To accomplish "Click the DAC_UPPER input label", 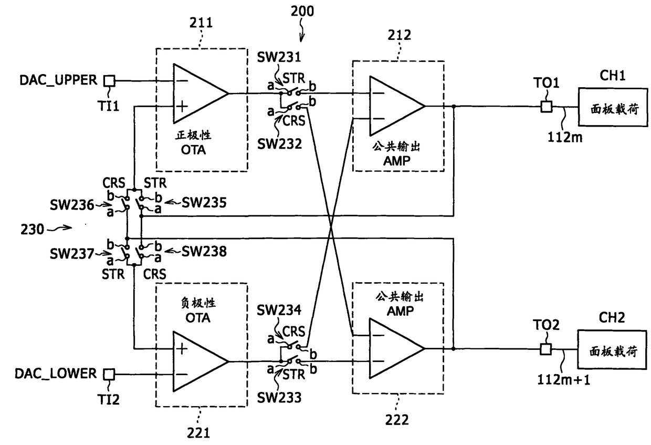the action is pos(58,80).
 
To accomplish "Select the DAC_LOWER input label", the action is pos(56,374).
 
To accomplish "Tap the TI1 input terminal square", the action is pos(110,81).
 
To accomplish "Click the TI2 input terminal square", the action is pos(109,374).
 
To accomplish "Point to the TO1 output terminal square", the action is pos(547,107).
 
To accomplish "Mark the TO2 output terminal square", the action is pos(546,349).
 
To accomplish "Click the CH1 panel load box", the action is pos(613,107).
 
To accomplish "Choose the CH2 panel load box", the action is pos(612,349).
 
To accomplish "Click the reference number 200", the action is pos(302,12).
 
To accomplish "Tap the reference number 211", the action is pos(201,23).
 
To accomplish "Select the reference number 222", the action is pos(397,420).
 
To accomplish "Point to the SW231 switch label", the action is pos(279,57).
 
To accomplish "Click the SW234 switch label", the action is pos(279,310).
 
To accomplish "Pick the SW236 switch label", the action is pos(72,205).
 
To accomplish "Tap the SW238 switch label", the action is pos(204,252).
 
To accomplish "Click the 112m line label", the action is pos(565,137).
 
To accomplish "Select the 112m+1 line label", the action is pos(563,379).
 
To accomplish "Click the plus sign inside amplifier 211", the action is pos(182,107).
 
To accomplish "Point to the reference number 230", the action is pos(32,230).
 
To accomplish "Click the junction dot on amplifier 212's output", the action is pos(454,107).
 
